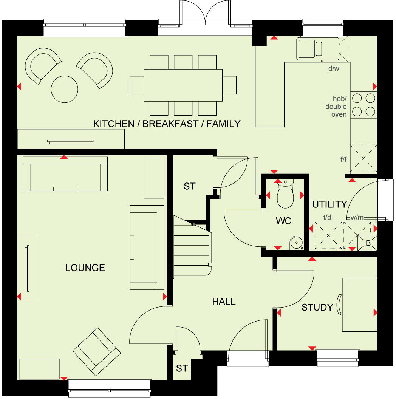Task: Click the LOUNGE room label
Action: pos(85,268)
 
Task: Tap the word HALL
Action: pos(224,302)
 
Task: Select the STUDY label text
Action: pos(317,308)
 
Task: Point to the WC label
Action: pos(283,221)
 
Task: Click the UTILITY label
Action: pos(329,204)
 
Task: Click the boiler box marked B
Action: pos(368,243)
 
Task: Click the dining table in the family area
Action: pos(183,85)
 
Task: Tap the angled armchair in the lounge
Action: pos(97,351)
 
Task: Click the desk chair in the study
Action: pos(339,305)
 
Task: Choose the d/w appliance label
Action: pos(334,68)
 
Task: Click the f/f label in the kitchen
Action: pos(343,159)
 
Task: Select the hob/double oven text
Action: pos(336,106)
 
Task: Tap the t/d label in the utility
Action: pos(327,217)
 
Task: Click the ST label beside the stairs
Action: pos(190,186)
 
